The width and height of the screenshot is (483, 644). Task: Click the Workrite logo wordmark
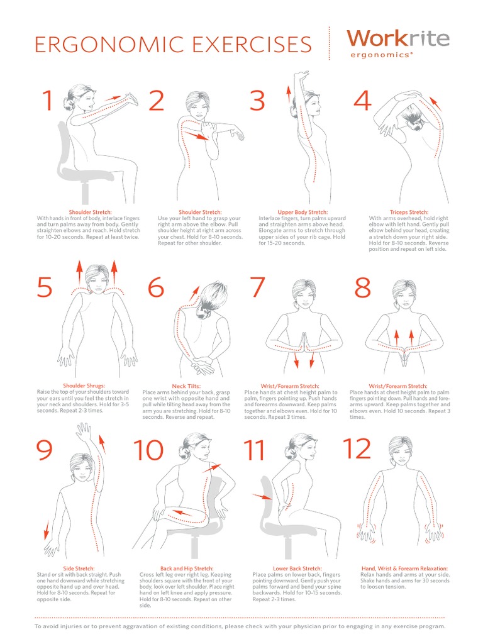pyautogui.click(x=397, y=38)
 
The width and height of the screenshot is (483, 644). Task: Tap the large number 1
pyautogui.click(x=47, y=101)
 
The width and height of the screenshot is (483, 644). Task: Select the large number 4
pyautogui.click(x=363, y=101)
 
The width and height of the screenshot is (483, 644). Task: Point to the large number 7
pyautogui.click(x=258, y=287)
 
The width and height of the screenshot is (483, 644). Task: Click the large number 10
pyautogui.click(x=148, y=450)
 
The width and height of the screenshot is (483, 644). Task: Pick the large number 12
pyautogui.click(x=357, y=449)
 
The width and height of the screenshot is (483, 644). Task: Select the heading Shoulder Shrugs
pyautogui.click(x=84, y=386)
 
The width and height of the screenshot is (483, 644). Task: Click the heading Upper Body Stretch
pyautogui.click(x=303, y=213)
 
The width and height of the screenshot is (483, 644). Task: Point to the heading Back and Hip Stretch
pyautogui.click(x=187, y=569)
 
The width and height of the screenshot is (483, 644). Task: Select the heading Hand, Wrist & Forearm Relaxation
pyautogui.click(x=404, y=569)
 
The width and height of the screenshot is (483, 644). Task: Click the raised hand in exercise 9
pyautogui.click(x=82, y=432)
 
